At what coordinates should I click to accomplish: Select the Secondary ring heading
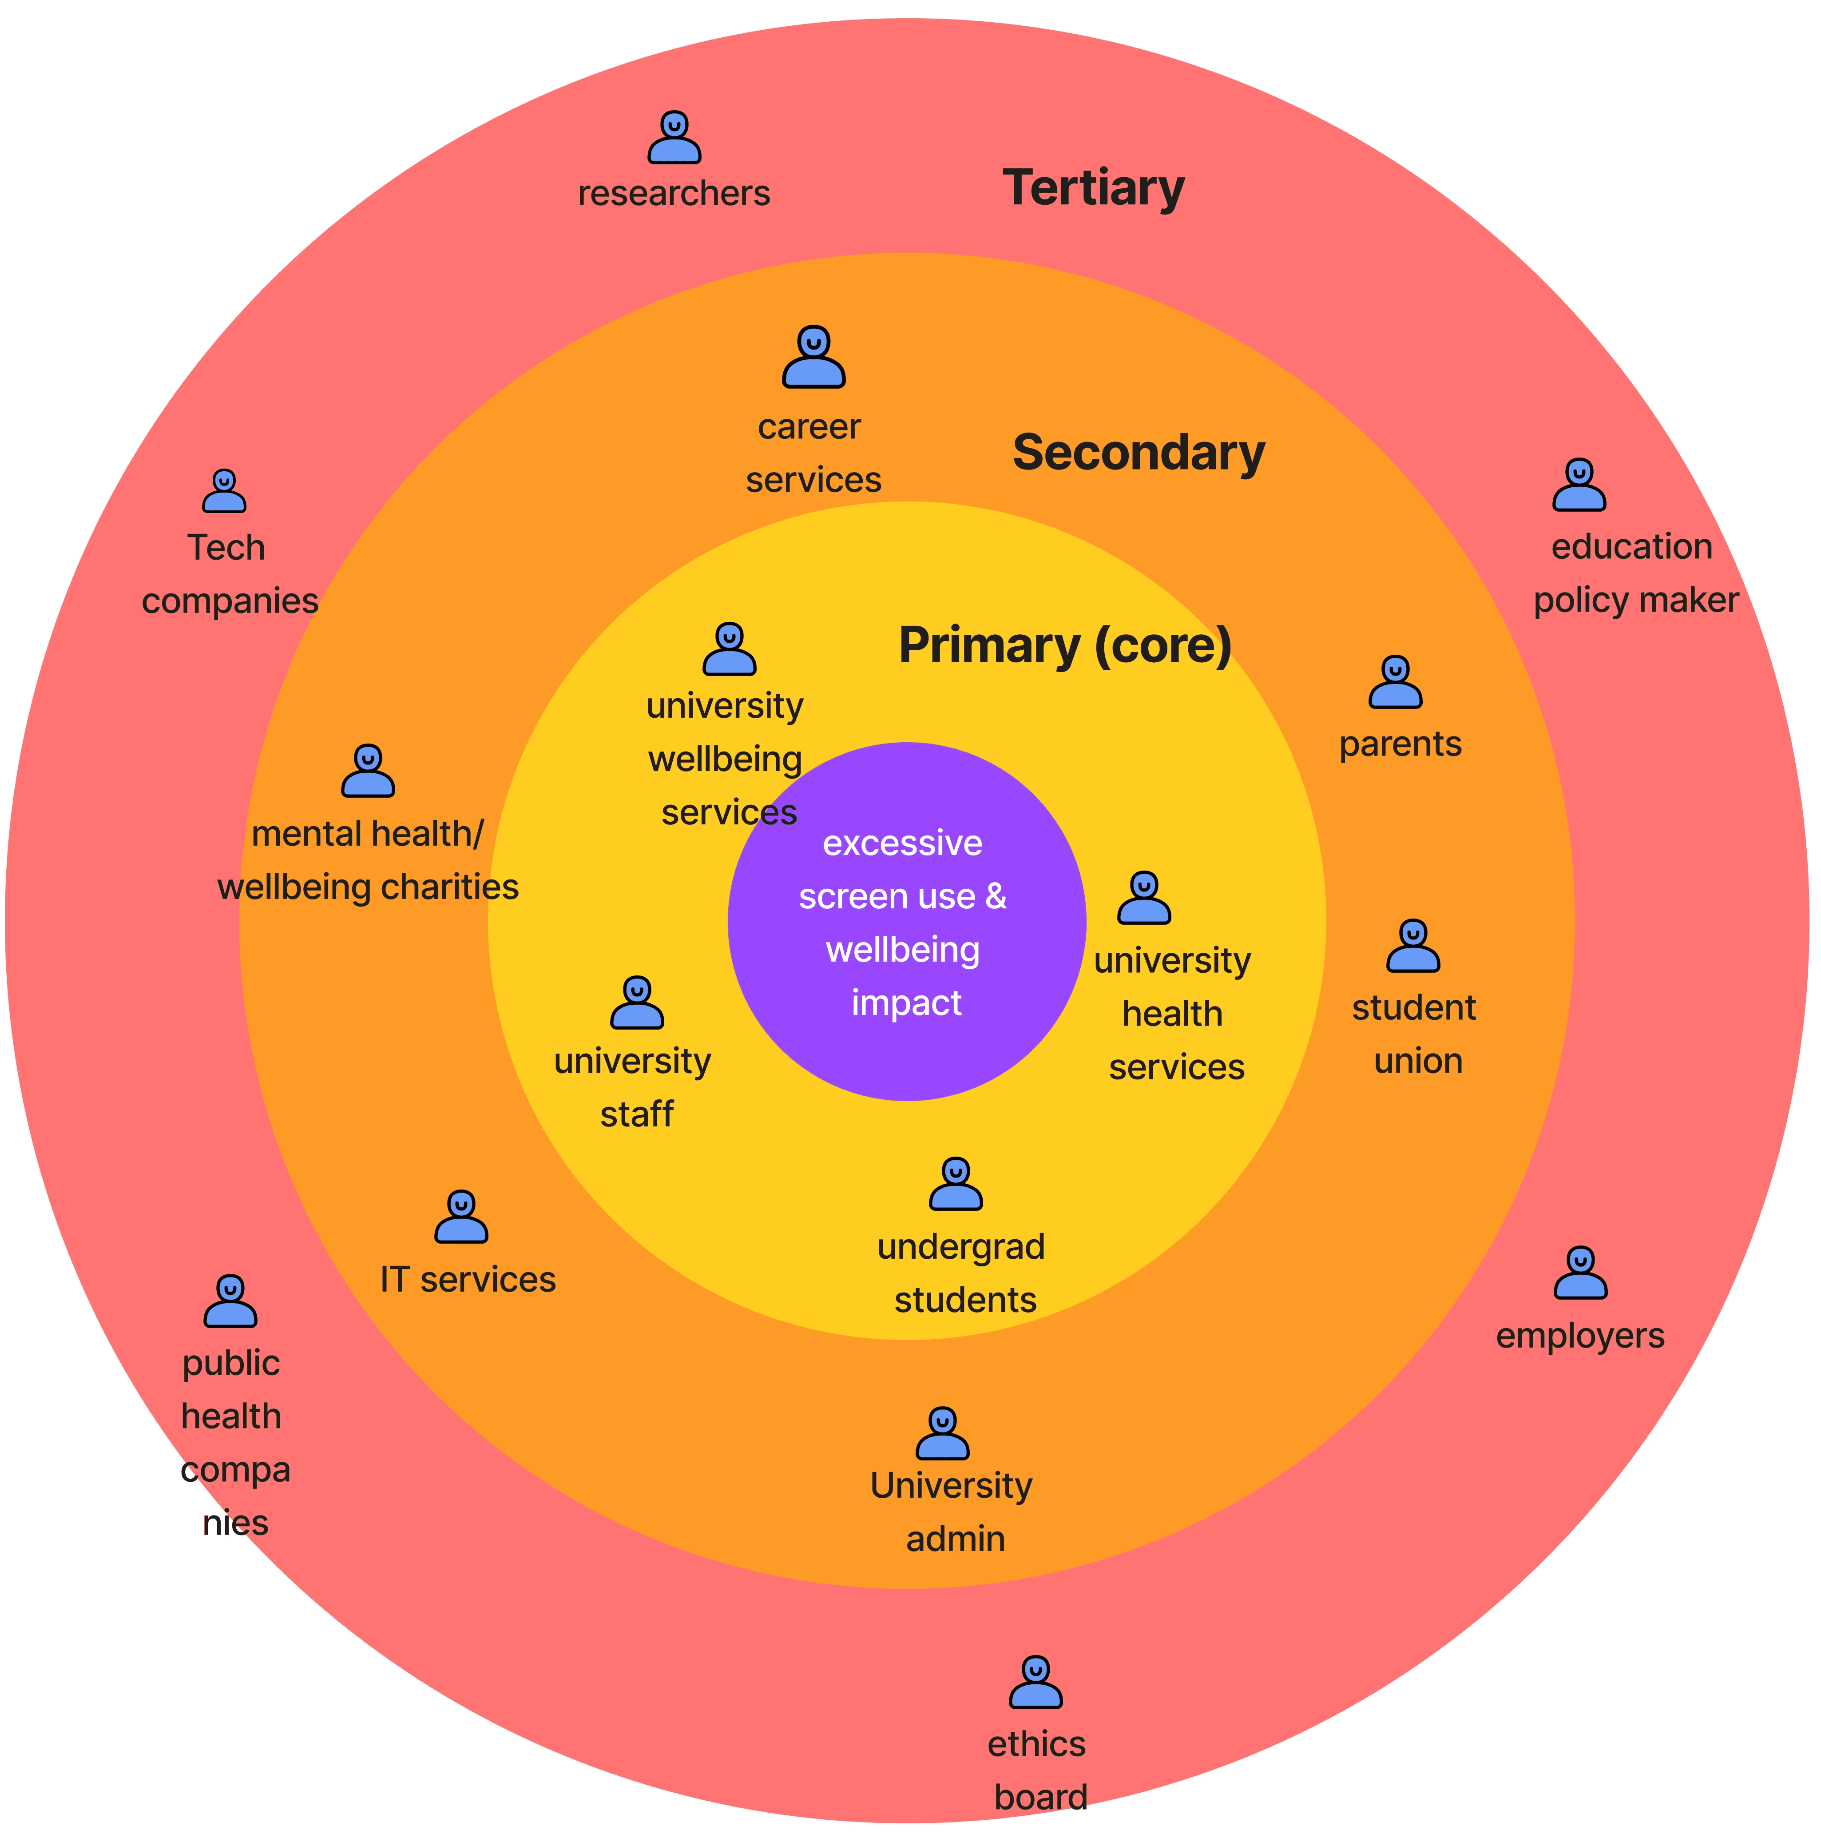click(1138, 453)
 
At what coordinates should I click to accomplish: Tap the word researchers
click(674, 193)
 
